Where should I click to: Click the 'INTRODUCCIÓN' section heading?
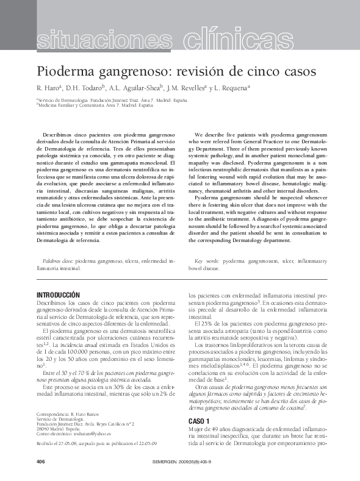pos(59,295)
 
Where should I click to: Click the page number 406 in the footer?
pos(42,461)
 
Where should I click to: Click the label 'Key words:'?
pos(206,261)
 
